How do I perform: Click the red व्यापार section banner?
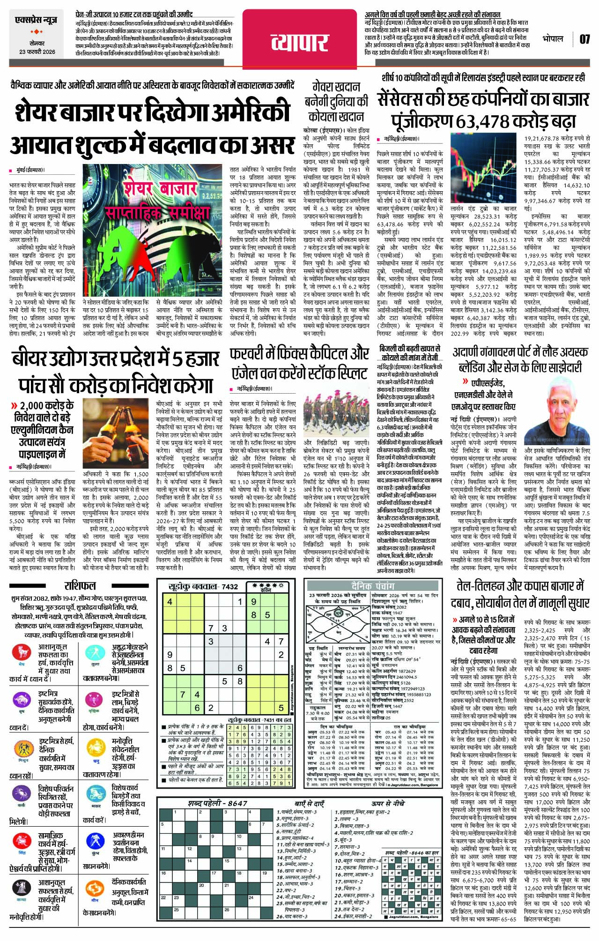[x=300, y=43]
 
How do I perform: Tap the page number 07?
[x=584, y=39]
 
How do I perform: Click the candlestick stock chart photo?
[x=483, y=166]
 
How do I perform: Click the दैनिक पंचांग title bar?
[x=373, y=586]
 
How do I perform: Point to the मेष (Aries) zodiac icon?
[x=22, y=652]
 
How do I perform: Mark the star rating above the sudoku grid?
[x=266, y=585]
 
